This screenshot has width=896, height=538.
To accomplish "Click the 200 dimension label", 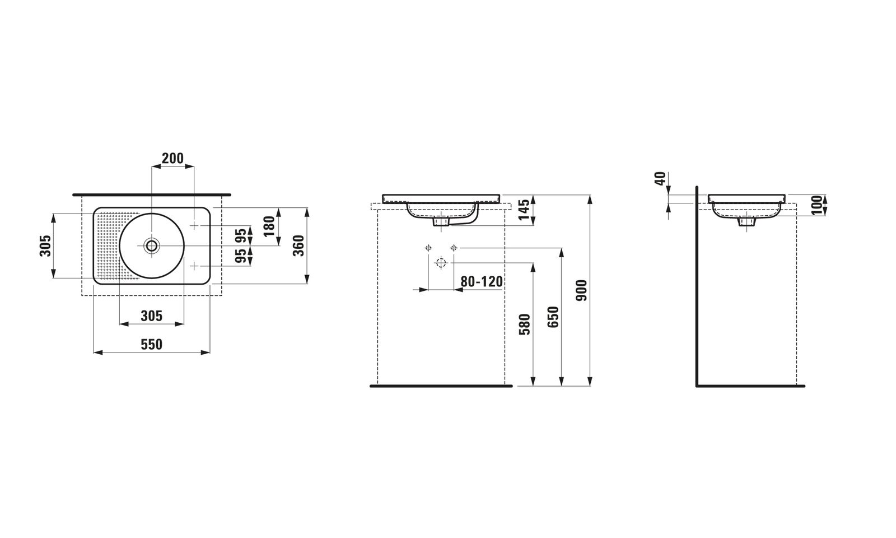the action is [172, 159].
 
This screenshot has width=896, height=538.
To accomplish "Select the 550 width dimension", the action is [152, 344].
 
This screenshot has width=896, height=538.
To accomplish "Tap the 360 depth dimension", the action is [299, 246].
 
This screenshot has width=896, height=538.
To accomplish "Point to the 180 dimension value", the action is [269, 226].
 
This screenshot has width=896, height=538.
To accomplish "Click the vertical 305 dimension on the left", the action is [45, 246].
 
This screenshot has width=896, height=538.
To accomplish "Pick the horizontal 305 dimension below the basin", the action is [152, 316].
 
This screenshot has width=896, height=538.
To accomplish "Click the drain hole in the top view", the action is [152, 245].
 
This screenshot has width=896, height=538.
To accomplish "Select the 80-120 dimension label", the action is [482, 282].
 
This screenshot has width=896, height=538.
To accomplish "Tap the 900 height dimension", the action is [582, 291].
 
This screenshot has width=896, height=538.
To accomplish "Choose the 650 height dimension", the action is [553, 317].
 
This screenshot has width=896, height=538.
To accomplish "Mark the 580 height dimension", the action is [524, 324].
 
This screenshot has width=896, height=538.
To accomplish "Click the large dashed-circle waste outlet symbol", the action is [441, 263].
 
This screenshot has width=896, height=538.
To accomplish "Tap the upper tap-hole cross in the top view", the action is [194, 226].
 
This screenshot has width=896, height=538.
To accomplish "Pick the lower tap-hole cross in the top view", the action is [194, 266].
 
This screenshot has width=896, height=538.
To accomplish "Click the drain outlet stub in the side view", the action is [747, 222].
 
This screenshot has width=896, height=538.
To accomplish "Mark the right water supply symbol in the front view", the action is [453, 248].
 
